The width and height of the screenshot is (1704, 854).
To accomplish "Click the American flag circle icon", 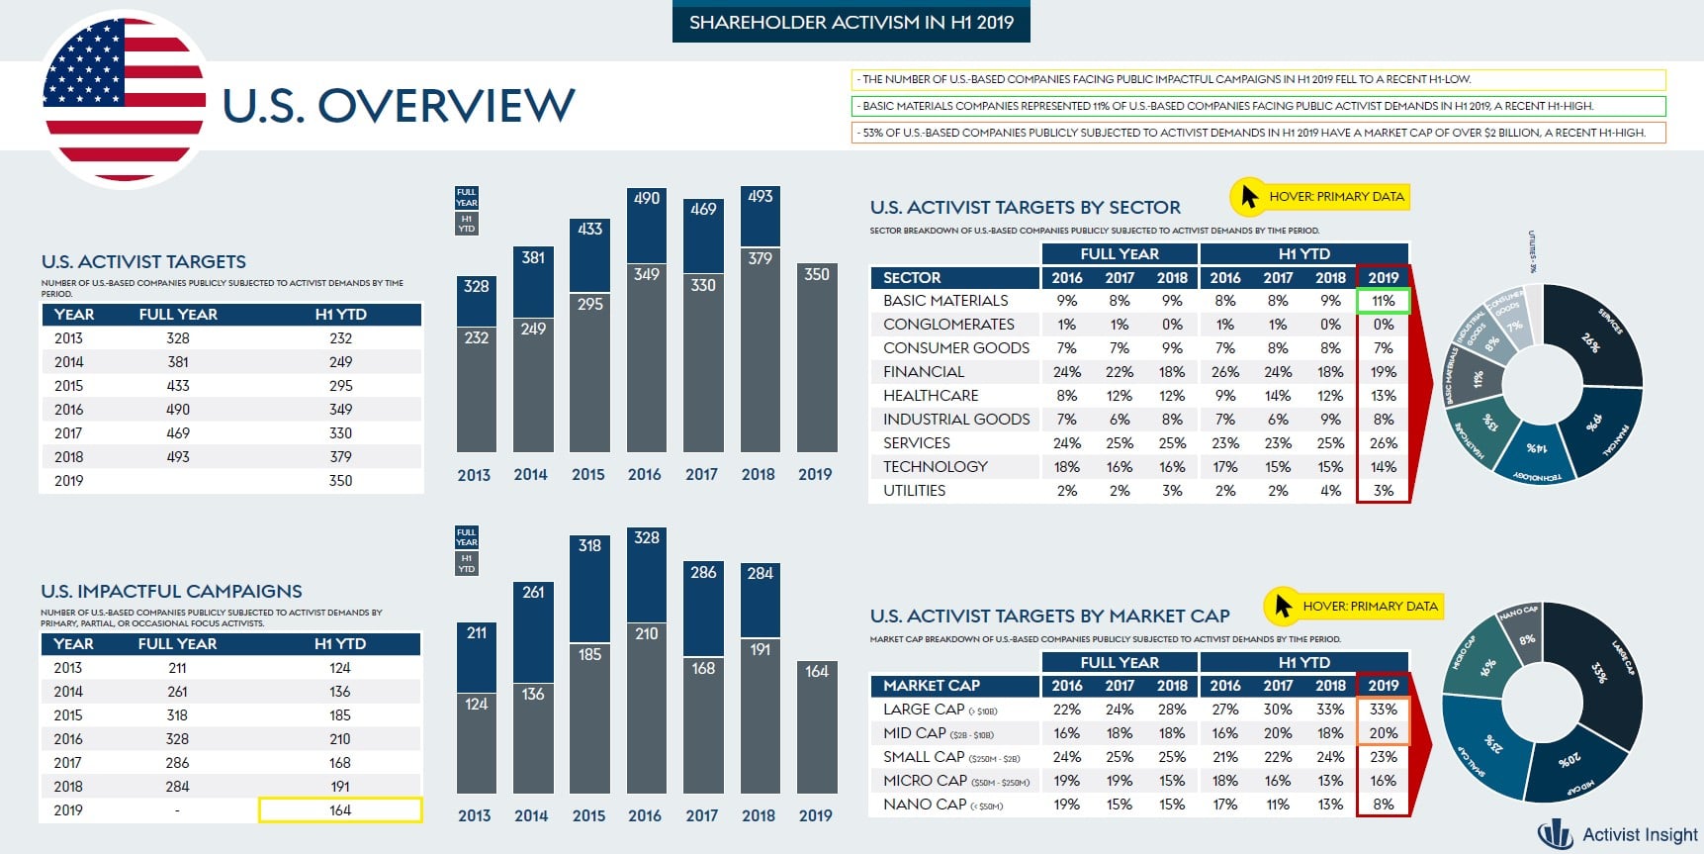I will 125,99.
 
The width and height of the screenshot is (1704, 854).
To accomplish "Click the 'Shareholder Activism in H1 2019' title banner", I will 851,22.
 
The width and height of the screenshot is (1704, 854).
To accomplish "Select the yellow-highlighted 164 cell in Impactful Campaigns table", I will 340,810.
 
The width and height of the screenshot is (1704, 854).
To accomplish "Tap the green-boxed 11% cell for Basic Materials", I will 1383,301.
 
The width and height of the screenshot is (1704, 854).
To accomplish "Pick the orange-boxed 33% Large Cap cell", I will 1383,710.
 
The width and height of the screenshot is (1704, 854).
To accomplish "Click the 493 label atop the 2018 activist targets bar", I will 760,197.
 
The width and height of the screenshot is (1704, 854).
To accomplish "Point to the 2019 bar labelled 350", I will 816,356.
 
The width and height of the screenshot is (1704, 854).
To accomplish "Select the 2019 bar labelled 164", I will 816,727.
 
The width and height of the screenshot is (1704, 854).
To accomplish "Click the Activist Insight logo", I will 1618,834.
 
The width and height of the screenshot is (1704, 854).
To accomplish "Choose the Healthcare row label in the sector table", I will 931,396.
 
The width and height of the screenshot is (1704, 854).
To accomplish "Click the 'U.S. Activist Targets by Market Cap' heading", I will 1049,617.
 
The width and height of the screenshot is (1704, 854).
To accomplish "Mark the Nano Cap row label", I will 925,805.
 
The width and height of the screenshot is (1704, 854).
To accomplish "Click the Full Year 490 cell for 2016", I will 178,410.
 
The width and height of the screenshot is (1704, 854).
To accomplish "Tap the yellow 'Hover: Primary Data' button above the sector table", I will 1320,197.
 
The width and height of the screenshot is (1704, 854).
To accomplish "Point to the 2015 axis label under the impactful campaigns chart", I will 588,815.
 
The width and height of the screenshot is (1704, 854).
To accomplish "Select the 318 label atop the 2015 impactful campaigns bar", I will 589,546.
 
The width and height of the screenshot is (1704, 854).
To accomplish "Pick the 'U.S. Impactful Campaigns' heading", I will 171,592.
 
